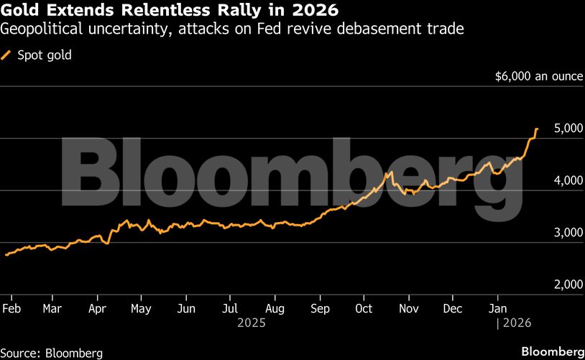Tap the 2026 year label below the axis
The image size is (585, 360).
(x=517, y=323)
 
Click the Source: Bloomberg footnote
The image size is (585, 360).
(x=52, y=353)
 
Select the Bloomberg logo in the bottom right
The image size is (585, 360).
(x=552, y=351)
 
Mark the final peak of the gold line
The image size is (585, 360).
(x=537, y=129)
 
